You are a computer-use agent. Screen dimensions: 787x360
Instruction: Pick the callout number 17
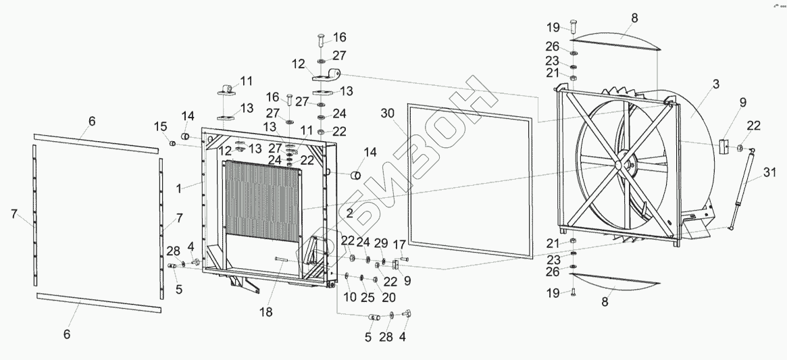coord(399,243)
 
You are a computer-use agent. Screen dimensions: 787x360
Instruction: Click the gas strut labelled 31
coord(742,190)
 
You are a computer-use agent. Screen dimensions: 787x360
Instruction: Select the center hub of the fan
coord(620,163)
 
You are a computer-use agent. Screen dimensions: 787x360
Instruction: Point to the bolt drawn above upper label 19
coord(573,26)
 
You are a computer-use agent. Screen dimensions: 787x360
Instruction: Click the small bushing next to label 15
coord(172,143)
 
